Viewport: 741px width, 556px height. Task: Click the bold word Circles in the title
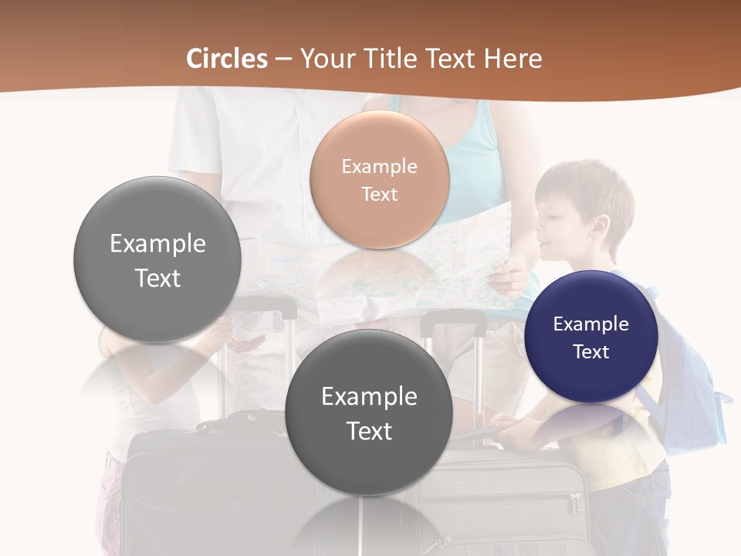(226, 59)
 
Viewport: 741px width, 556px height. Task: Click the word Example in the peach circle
(379, 166)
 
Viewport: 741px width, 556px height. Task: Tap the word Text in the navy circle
(591, 352)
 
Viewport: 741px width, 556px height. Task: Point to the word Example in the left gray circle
(157, 243)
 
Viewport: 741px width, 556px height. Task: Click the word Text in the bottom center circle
(369, 431)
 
